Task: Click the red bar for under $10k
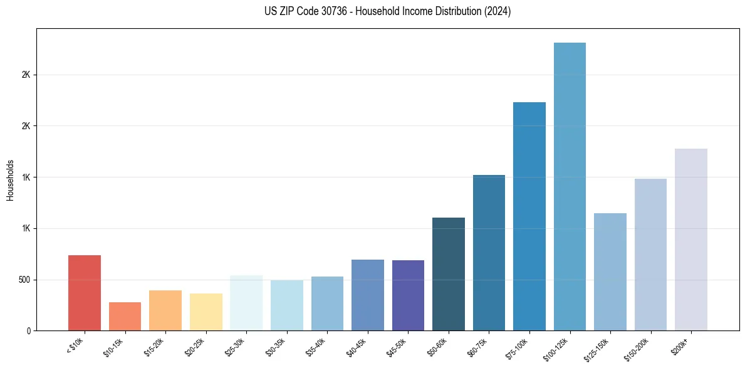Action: coord(85,293)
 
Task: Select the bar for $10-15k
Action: coord(125,316)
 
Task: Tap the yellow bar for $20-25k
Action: coord(206,312)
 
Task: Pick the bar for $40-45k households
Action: coord(368,295)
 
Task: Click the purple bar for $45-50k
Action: coord(408,295)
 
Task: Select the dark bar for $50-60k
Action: coord(449,274)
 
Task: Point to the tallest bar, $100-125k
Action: coord(570,186)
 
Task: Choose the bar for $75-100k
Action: coord(529,216)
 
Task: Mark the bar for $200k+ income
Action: coord(691,240)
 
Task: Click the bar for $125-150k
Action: coord(610,272)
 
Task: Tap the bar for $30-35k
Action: coord(287,305)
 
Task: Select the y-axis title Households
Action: coord(10,179)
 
